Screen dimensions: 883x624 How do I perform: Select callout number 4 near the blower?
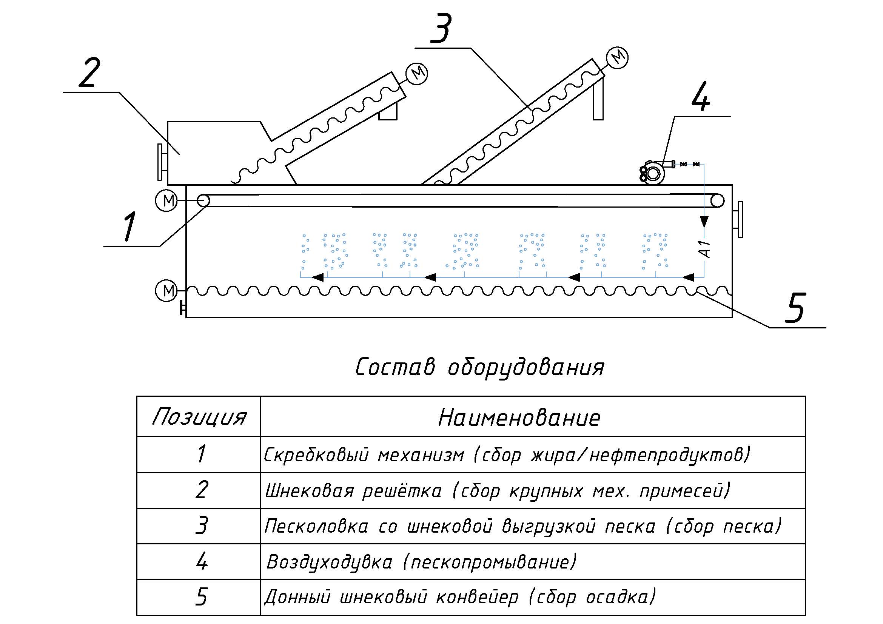pos(700,96)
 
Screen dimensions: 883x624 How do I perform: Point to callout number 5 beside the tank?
pos(795,308)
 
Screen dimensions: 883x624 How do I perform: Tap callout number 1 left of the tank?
pos(129,226)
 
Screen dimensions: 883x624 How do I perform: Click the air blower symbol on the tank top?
pos(653,172)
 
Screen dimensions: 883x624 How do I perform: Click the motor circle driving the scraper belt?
pos(166,201)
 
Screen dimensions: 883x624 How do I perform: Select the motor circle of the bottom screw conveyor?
pos(166,291)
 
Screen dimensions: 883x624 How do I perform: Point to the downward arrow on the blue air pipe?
pos(704,222)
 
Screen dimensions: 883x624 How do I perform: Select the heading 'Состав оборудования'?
pos(479,368)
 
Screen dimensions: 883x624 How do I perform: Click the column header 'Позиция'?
pos(199,417)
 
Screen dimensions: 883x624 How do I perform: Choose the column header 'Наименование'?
pos(519,418)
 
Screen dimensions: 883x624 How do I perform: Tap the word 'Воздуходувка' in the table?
pos(329,562)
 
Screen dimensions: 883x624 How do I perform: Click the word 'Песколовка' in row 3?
pos(316,526)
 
